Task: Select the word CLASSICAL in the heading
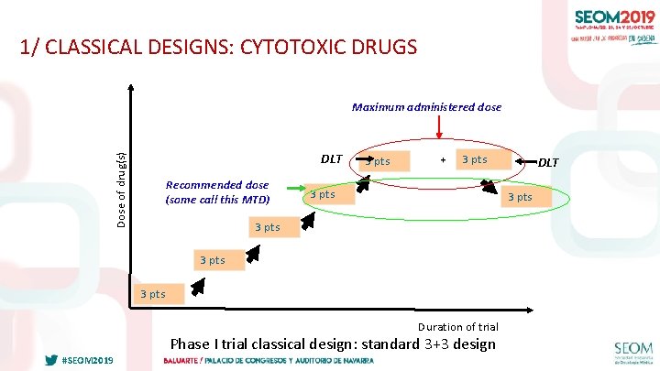pos(92,47)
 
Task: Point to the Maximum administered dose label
pos(426,107)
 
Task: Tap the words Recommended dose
pos(217,185)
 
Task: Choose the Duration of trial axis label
pos(457,327)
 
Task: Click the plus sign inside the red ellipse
pos(444,160)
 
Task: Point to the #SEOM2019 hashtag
pos(87,360)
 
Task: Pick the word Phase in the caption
pos(191,344)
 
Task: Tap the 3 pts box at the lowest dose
pos(152,294)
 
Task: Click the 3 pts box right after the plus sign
pos(474,160)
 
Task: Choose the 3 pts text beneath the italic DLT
pos(520,197)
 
